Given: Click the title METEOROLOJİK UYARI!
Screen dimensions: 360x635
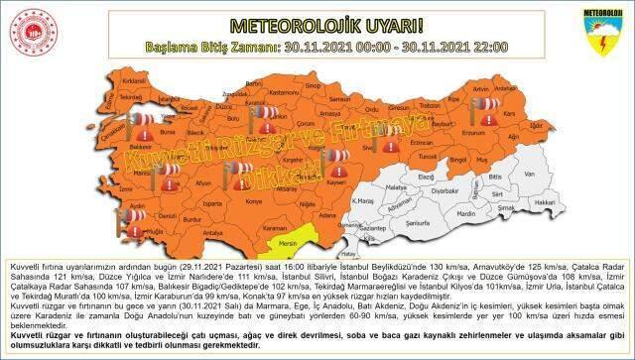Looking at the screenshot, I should tap(316, 22).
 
